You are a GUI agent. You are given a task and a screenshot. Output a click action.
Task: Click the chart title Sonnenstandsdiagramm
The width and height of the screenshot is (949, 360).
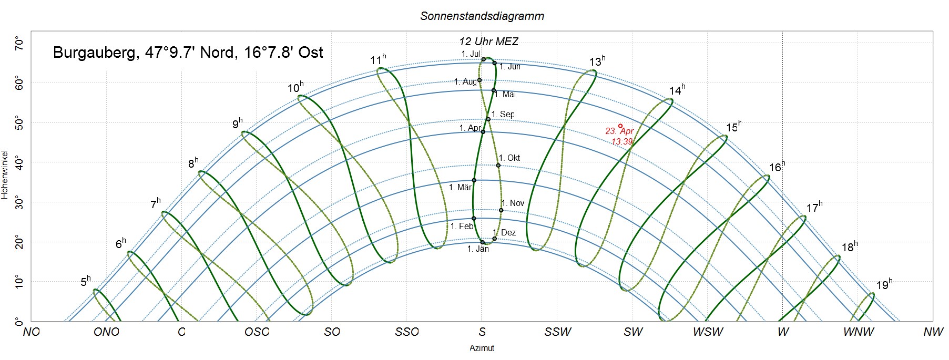point(482,16)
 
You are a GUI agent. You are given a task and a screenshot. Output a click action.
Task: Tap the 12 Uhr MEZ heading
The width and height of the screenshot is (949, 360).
point(488,42)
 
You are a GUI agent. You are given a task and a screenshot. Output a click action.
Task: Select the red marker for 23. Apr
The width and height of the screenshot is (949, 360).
point(620,126)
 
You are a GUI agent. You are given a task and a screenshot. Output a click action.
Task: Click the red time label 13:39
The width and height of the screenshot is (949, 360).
point(621,142)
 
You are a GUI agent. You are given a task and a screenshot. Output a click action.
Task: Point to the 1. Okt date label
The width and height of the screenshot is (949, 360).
point(509,158)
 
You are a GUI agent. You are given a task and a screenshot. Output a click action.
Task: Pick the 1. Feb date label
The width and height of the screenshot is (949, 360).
point(462,227)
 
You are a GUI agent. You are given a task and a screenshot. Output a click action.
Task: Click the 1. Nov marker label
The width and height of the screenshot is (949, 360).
point(513,203)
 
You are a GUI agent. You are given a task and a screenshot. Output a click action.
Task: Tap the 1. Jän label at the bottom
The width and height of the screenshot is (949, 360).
point(478,249)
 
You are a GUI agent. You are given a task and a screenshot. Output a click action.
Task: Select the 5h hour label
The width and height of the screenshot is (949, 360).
point(85,281)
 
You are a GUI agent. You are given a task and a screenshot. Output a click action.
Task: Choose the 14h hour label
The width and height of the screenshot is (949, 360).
point(677,91)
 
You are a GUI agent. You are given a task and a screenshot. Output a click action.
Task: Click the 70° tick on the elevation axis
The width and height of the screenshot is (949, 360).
point(19,43)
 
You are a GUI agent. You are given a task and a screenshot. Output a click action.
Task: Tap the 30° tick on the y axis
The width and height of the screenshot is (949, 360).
point(19,202)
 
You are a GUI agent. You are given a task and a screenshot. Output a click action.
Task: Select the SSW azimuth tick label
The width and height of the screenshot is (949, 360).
point(557,332)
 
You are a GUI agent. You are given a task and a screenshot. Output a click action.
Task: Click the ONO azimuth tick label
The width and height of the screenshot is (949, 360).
point(106,332)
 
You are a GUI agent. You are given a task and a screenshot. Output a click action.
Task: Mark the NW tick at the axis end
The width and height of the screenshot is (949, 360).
point(933,332)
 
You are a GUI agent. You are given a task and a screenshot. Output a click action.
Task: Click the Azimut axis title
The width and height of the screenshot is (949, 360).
point(482,348)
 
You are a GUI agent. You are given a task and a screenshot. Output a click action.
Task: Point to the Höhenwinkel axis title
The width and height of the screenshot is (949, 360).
point(5,175)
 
